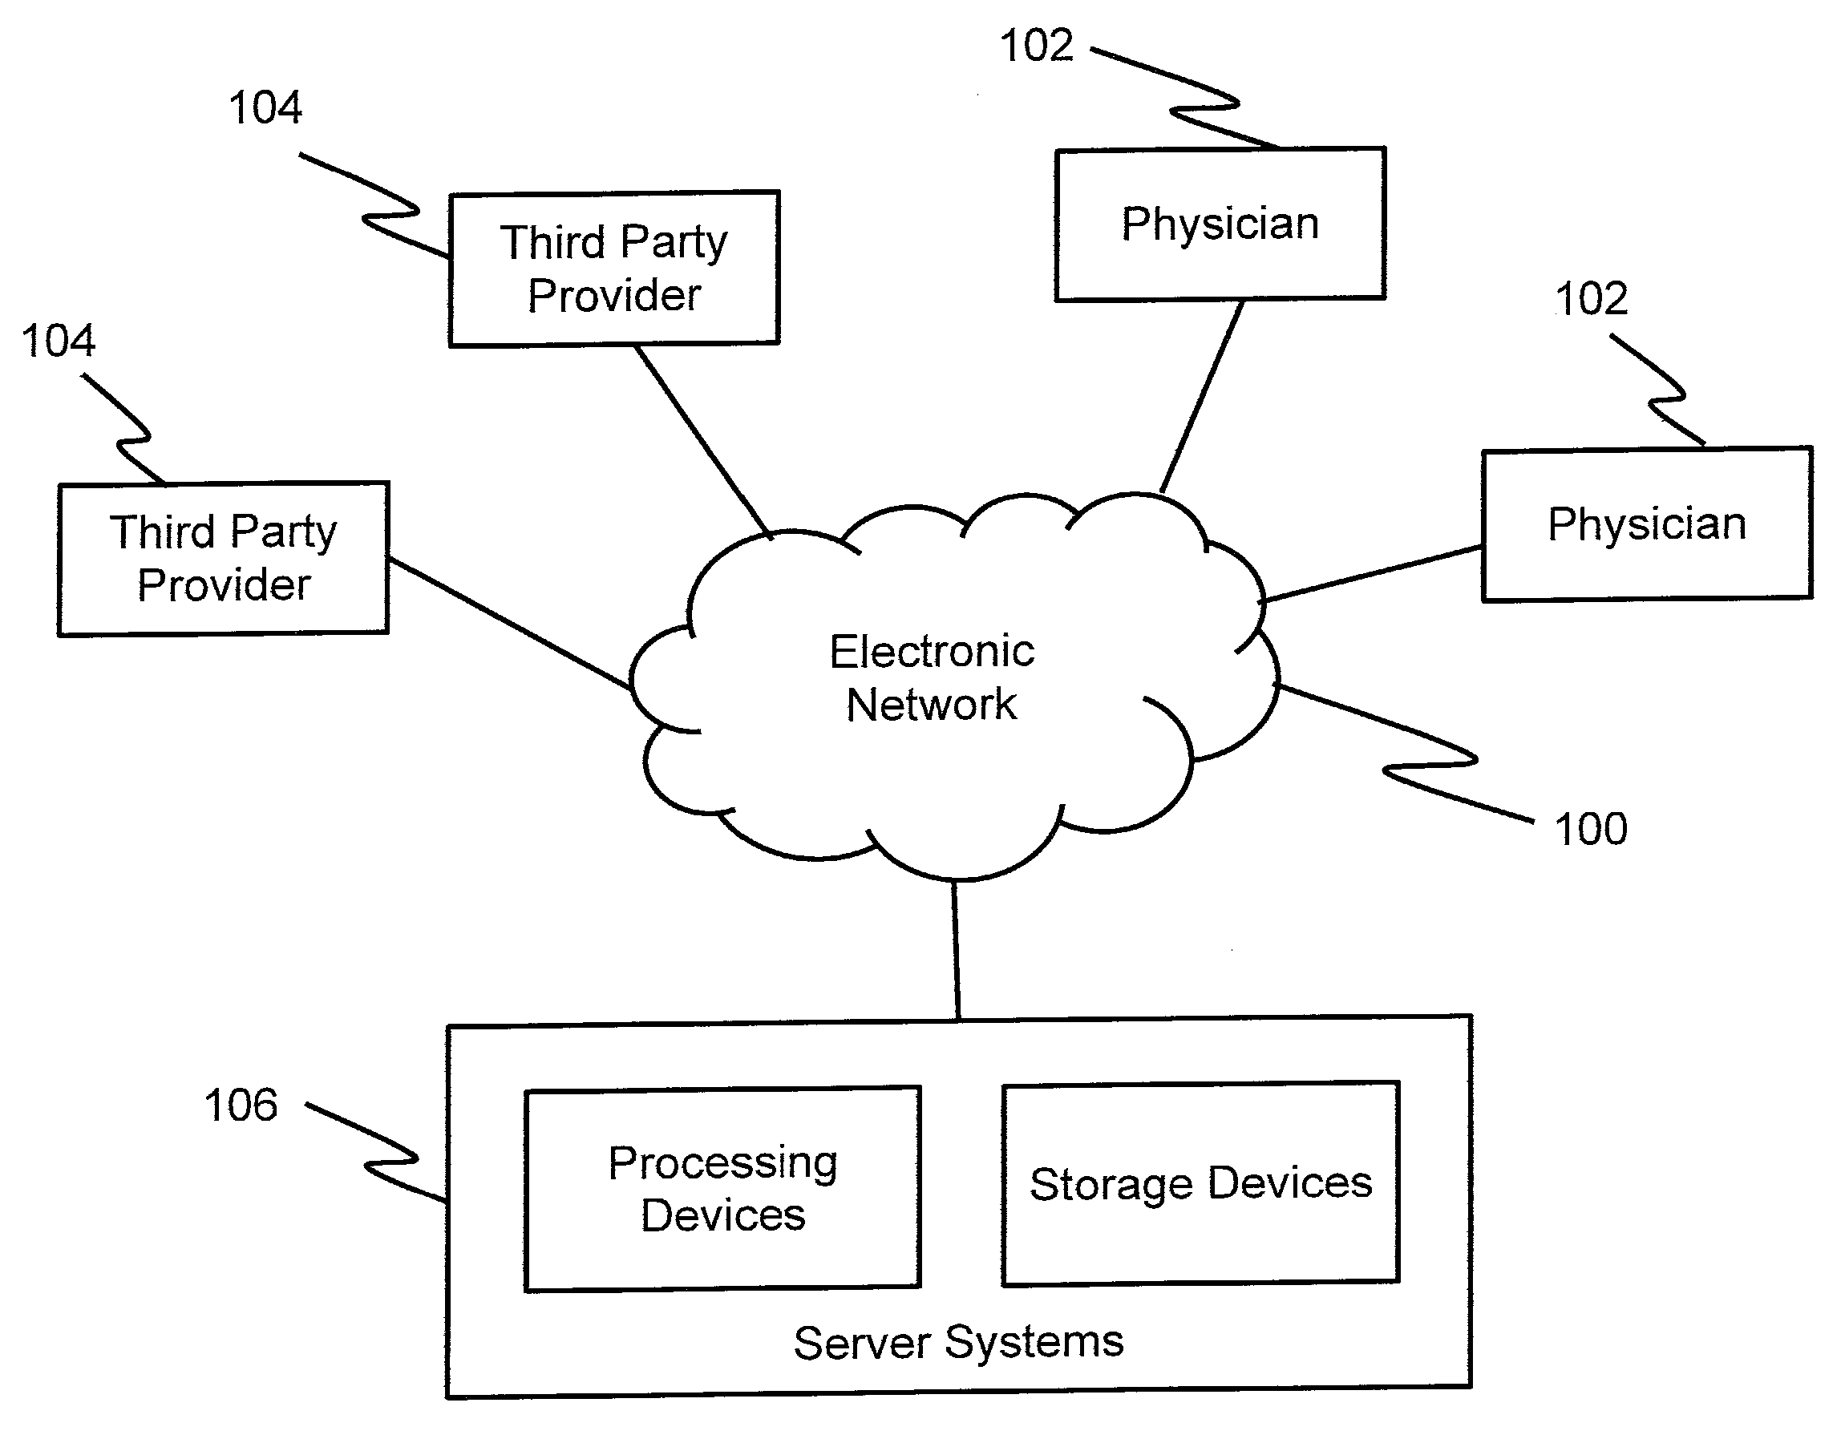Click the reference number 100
coord(1591,829)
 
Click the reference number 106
coord(241,1106)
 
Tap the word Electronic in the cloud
coord(932,652)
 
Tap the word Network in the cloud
coord(932,705)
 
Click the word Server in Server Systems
coord(862,1343)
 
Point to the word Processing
coord(723,1163)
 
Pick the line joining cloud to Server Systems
coord(957,950)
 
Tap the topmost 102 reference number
coord(1037,46)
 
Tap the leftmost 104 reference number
coord(59,342)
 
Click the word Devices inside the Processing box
coord(723,1216)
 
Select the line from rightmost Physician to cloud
coord(1373,574)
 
